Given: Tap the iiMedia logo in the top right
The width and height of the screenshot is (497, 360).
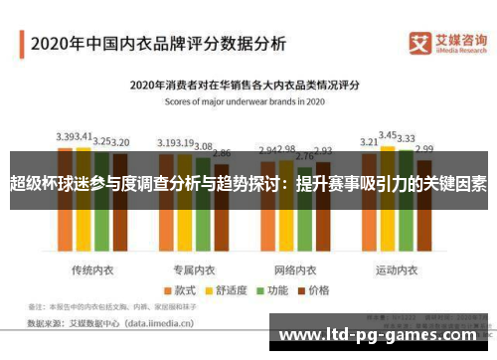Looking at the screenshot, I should click(448, 44).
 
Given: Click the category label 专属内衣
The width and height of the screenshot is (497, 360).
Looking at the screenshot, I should click(195, 243).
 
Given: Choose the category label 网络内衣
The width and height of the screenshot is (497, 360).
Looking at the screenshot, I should click(295, 243).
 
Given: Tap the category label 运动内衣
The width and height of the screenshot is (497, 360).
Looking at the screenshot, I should click(397, 243).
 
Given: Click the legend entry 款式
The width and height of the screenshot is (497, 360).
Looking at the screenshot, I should click(179, 264).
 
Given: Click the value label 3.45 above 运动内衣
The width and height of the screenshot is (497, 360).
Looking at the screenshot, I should click(388, 133).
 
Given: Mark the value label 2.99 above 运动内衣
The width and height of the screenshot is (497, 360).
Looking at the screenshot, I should click(425, 148).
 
